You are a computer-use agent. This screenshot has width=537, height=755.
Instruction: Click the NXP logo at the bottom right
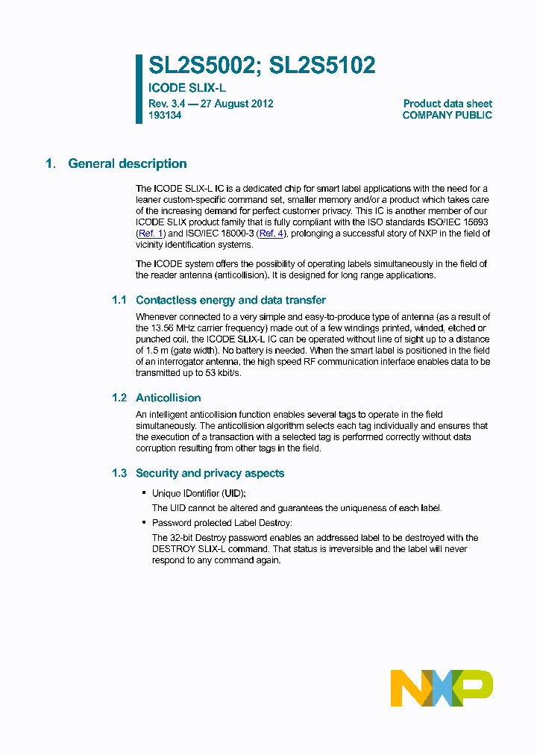[x=442, y=688]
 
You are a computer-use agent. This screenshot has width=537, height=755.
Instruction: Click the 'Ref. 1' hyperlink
[x=151, y=234]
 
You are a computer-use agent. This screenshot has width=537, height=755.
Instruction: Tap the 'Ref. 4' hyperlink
[x=271, y=234]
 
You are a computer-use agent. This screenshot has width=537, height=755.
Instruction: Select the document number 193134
[x=165, y=116]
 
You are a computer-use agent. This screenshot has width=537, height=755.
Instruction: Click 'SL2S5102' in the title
[x=322, y=66]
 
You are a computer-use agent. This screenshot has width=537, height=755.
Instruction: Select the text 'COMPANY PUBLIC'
[x=447, y=116]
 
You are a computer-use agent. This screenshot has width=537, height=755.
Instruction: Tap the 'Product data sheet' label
[x=447, y=104]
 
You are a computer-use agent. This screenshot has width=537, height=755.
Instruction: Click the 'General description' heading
[x=128, y=163]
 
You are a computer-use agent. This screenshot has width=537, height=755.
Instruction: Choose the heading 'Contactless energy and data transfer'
[x=230, y=300]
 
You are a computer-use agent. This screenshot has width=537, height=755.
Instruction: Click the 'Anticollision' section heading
[x=168, y=398]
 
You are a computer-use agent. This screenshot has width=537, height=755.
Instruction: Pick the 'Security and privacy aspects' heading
[x=210, y=473]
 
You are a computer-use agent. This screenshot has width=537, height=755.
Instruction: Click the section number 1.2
[x=119, y=398]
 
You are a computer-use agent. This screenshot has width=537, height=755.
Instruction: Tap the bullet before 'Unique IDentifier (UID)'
[x=143, y=494]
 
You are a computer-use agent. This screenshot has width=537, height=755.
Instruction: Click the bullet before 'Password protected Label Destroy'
[x=143, y=523]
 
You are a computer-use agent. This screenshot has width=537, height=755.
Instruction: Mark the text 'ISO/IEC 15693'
[x=459, y=222]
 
